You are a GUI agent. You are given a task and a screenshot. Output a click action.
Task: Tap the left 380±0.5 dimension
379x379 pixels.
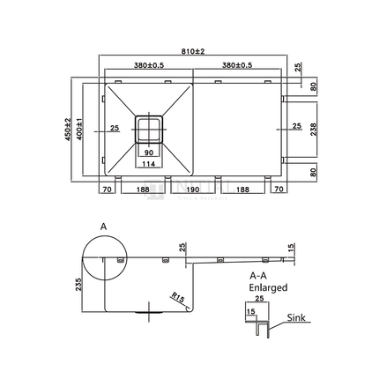coord(147,65)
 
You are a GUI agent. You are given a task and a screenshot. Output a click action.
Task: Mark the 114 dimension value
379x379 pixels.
coord(147,164)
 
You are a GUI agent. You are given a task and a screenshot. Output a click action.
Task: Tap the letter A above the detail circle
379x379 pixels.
coord(104,227)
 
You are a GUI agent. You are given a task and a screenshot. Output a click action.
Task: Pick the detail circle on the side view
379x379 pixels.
coord(104,258)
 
